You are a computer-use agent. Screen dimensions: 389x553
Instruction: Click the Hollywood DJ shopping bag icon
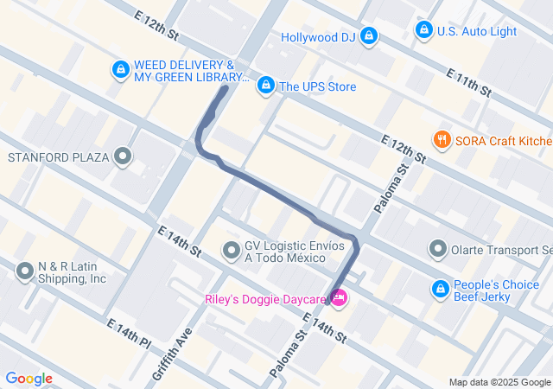click(x=369, y=36)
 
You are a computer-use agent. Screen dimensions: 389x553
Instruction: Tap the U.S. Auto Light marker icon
click(x=423, y=31)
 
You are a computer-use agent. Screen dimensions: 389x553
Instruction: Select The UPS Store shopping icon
click(x=266, y=86)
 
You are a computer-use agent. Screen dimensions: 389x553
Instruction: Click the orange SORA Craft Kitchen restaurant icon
click(x=442, y=140)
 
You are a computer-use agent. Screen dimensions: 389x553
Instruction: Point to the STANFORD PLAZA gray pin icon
click(x=124, y=157)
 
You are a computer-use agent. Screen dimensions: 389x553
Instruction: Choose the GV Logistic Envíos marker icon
click(x=231, y=251)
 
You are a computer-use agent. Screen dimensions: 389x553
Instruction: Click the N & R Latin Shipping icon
click(x=24, y=272)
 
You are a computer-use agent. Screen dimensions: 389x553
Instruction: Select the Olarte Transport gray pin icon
click(x=437, y=250)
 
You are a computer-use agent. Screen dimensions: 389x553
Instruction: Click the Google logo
click(x=29, y=379)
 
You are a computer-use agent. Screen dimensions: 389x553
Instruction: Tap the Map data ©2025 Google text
click(x=499, y=382)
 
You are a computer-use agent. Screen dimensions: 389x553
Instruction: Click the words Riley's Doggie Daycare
click(x=266, y=300)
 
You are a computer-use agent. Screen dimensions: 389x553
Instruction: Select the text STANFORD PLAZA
click(x=57, y=157)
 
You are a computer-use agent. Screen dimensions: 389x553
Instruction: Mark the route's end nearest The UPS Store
click(x=226, y=87)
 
